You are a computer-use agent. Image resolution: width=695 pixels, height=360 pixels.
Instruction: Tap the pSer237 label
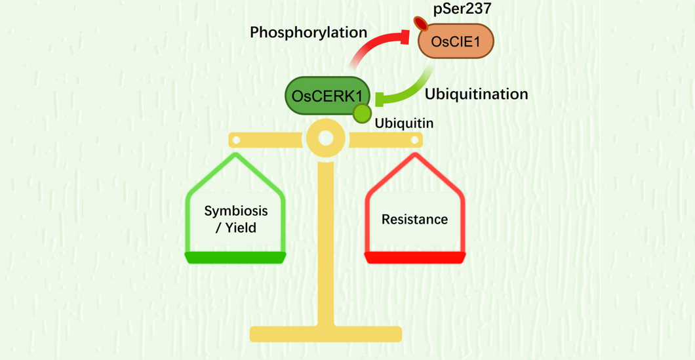point(462,9)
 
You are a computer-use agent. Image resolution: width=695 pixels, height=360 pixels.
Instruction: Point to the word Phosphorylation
point(308,32)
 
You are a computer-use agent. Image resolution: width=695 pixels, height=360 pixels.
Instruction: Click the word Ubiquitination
point(476,94)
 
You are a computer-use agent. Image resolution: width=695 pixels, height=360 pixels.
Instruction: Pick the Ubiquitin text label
point(404,123)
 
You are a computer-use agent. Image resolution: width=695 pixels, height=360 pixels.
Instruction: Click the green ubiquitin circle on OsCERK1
point(362,113)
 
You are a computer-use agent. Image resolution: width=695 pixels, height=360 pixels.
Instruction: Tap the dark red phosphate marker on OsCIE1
point(421,24)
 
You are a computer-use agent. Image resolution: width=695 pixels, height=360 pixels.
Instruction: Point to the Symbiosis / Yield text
point(236,219)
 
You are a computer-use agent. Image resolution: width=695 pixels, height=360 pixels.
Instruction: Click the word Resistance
point(414,219)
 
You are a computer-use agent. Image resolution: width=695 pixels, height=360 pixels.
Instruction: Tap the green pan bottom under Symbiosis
point(235,257)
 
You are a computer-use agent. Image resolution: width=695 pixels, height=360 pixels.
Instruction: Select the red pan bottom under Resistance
point(414,257)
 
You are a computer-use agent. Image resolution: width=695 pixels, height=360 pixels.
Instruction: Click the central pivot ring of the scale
point(325,138)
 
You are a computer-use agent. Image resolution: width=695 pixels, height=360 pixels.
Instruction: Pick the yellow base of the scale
point(325,334)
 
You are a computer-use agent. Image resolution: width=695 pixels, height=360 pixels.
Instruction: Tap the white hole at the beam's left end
point(237,140)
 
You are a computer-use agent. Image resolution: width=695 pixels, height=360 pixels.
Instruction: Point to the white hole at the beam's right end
point(414,140)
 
